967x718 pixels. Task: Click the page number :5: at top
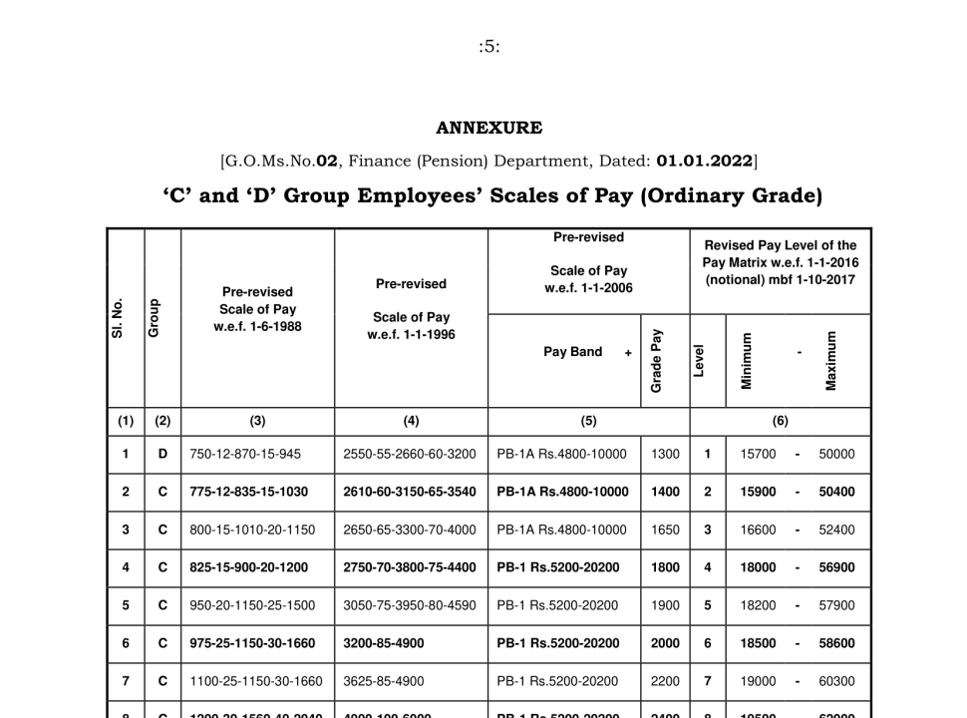(488, 47)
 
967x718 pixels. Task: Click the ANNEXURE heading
(488, 128)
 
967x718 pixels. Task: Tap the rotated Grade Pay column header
(657, 359)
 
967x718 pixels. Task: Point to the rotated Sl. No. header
(118, 317)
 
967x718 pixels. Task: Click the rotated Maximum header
(830, 360)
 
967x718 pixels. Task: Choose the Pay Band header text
(572, 352)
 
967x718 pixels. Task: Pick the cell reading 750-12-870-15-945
(245, 454)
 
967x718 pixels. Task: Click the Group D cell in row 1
(162, 454)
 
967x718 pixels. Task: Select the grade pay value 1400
(664, 492)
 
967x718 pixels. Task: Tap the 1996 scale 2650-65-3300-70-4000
(410, 530)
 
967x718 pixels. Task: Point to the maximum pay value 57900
(836, 605)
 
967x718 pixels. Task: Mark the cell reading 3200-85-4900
(383, 643)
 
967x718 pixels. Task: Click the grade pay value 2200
(664, 681)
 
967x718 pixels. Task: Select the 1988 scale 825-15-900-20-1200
(248, 567)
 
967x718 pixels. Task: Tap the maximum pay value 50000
(836, 454)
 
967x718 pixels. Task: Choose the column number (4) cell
(411, 421)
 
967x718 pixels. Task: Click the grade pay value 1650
(664, 530)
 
